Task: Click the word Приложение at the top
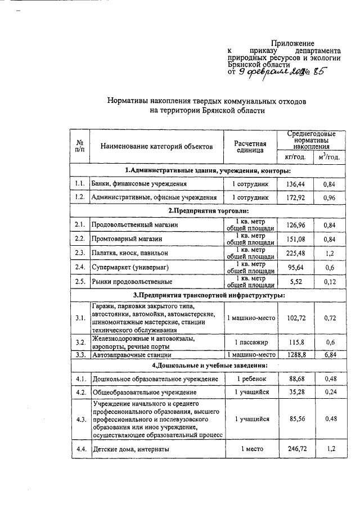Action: coord(293,43)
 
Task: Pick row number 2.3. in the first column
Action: coord(80,253)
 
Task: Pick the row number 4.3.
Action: coord(80,419)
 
